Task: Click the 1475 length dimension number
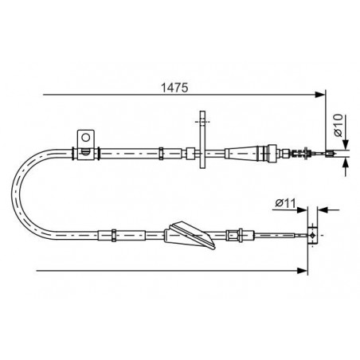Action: pos(174,88)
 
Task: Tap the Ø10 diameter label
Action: pos(338,125)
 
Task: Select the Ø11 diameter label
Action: pos(285,203)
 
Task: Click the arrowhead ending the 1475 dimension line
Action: pos(319,95)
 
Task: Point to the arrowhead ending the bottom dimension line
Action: pos(303,271)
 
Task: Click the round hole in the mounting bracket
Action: pos(86,138)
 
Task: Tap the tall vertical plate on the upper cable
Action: pos(202,139)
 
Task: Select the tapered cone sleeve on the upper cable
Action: pos(241,154)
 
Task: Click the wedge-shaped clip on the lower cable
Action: pos(190,235)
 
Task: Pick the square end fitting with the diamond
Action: pos(313,235)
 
